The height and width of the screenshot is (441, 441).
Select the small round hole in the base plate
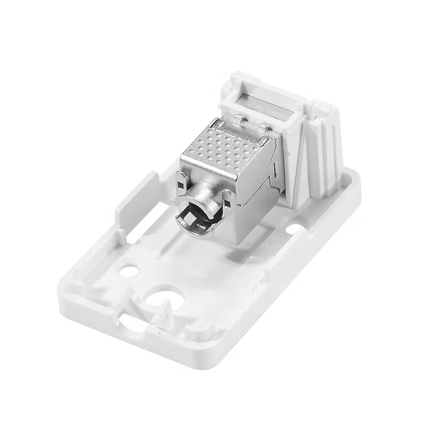[x=129, y=270]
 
